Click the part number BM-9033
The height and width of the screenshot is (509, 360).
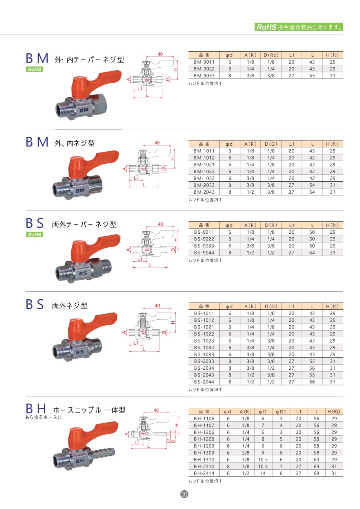(x=204, y=75)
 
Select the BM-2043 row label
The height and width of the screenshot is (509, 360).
(x=204, y=192)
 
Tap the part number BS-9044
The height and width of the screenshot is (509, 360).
(x=204, y=252)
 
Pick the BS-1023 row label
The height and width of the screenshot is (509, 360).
(x=204, y=341)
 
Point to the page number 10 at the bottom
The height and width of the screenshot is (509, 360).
(x=184, y=494)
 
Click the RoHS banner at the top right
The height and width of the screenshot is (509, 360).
(x=299, y=27)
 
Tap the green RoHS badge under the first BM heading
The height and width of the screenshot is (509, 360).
(x=34, y=69)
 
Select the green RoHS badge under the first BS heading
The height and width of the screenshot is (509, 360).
(x=34, y=234)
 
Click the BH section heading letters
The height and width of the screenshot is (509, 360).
(x=37, y=409)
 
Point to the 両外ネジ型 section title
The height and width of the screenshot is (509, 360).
(x=70, y=306)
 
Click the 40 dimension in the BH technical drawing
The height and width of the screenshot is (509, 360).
(x=156, y=410)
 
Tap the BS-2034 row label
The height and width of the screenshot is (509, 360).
(x=204, y=368)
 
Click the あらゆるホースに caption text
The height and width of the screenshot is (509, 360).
(x=44, y=417)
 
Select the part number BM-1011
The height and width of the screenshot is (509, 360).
(x=204, y=151)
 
